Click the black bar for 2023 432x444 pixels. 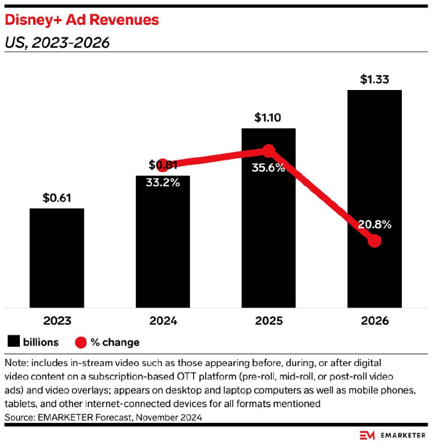57,258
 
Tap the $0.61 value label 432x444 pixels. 57,197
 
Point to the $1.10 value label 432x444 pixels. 268,117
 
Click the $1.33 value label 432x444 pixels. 374,79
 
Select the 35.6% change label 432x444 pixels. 268,168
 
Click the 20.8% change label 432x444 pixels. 374,225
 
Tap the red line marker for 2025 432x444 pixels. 268,150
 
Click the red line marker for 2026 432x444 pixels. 375,240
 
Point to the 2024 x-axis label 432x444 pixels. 163,320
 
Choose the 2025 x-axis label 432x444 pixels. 268,320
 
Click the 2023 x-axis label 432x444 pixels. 57,320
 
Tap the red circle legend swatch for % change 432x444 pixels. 80,342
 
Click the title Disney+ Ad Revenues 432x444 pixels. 82,20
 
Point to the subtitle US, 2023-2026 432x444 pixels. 57,43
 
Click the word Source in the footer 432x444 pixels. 20,417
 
